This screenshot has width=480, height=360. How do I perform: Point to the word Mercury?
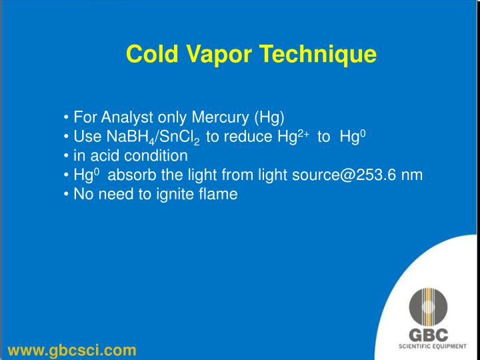[x=220, y=118]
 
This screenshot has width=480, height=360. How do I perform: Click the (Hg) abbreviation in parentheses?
[x=269, y=118]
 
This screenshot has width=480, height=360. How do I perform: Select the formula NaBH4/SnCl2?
[x=151, y=138]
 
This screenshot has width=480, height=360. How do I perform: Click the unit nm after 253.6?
[x=412, y=176]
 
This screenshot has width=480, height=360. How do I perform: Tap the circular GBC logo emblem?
[x=429, y=308]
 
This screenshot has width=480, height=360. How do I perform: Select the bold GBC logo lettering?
[x=429, y=335]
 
